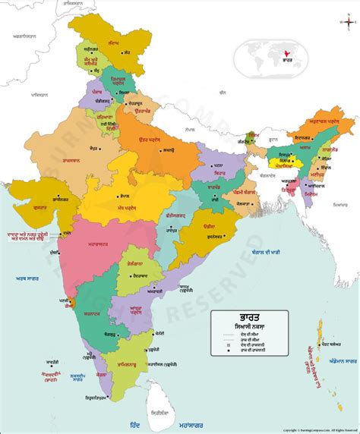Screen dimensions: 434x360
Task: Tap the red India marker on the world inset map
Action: click(286, 55)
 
